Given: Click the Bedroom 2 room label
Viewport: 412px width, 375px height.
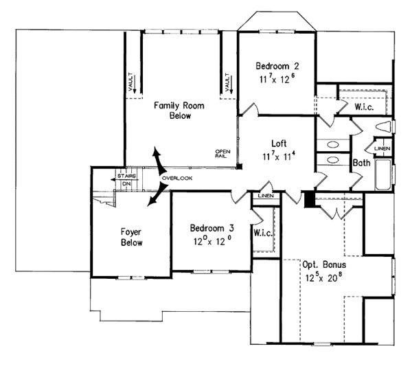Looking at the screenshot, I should coord(277,66).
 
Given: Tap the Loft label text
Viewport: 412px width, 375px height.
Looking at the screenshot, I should coord(278,144).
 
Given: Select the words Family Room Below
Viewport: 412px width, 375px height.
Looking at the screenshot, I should coord(172,110).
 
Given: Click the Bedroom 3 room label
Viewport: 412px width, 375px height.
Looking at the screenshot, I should coord(212,229).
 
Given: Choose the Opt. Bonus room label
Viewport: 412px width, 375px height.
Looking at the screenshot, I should coord(323,264).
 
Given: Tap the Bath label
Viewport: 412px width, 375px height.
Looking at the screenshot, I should coord(361,163).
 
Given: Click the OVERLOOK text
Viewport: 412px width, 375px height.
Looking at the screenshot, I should coord(177,179).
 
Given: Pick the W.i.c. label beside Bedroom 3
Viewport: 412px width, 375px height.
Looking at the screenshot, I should coord(264,234).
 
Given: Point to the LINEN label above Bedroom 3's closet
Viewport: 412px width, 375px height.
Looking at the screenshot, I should coord(264,196).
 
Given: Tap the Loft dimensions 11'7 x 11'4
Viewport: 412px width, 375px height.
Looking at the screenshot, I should coord(278,156).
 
